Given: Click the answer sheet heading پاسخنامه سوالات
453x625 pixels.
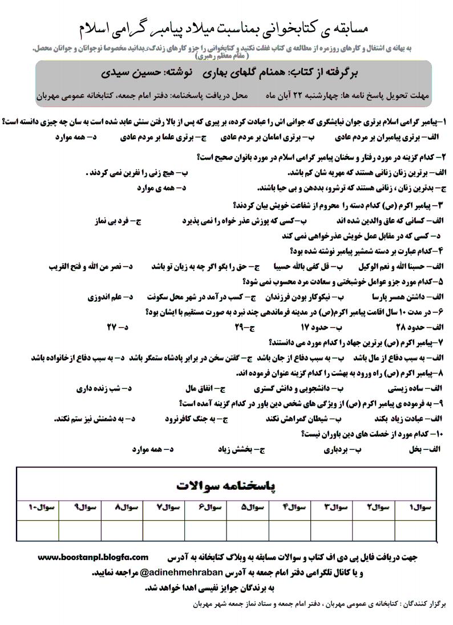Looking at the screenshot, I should click(x=226, y=485).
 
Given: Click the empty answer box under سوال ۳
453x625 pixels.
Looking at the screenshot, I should click(x=337, y=529).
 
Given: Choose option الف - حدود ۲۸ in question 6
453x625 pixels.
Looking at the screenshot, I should click(x=422, y=327).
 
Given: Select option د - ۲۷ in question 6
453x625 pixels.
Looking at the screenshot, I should click(x=118, y=327).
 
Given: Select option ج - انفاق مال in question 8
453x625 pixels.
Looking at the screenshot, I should click(x=206, y=388).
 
